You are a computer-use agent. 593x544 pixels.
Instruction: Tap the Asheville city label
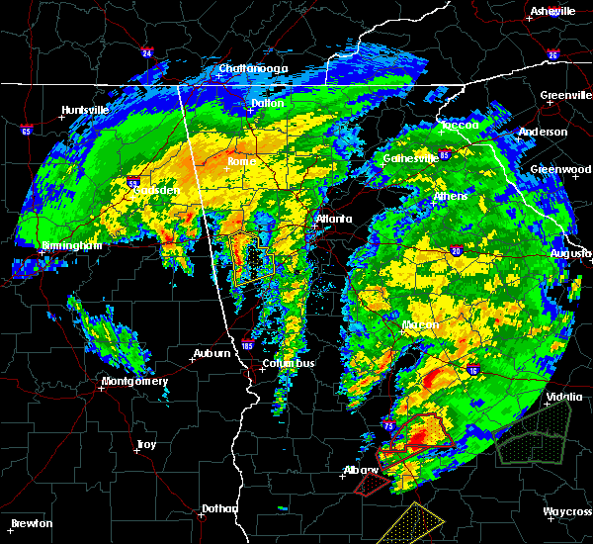click(552, 11)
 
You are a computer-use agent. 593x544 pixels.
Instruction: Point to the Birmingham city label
click(72, 245)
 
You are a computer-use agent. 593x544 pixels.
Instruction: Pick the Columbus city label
click(288, 363)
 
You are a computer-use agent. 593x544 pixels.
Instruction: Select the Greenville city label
click(565, 96)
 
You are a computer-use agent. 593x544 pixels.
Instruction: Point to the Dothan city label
click(219, 508)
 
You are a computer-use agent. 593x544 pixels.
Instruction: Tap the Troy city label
click(146, 444)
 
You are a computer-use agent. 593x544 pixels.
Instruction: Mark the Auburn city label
click(212, 353)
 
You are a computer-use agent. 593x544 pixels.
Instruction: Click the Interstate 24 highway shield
click(145, 52)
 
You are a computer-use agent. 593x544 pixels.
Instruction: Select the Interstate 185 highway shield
click(244, 347)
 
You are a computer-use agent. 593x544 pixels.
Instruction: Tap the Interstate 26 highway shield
click(553, 55)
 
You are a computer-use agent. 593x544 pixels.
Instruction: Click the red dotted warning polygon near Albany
click(373, 483)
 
